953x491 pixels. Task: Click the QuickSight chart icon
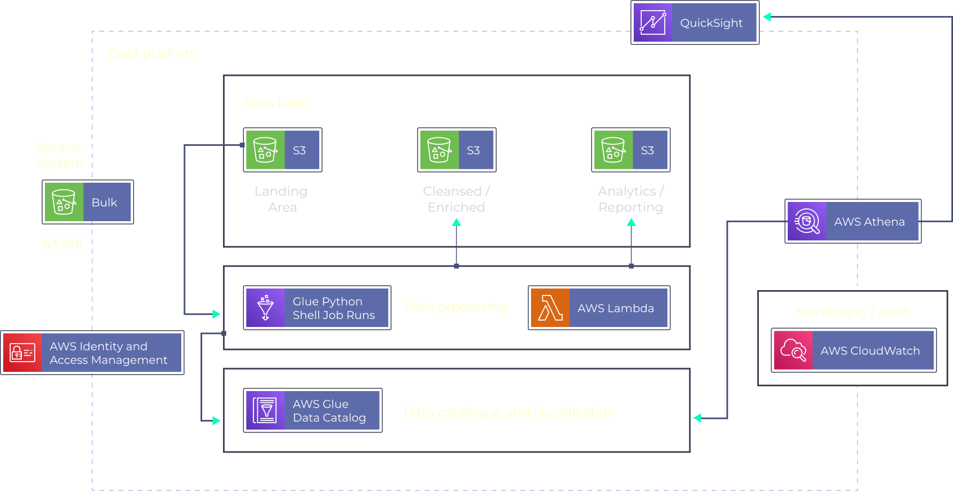[x=652, y=22]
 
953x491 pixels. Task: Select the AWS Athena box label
[x=869, y=222]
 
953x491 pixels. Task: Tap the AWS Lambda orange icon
[x=550, y=308]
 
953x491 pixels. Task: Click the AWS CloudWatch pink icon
[x=793, y=350]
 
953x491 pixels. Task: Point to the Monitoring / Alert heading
[x=852, y=312]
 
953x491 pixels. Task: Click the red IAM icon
[x=22, y=353]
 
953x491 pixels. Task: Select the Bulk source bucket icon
[x=64, y=202]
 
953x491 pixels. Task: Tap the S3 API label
[x=63, y=244]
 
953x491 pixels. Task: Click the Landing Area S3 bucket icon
[x=265, y=150]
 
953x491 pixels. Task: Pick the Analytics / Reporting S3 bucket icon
[x=613, y=150]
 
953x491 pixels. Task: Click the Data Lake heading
[x=275, y=103]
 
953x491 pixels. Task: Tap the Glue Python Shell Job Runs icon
[x=265, y=308]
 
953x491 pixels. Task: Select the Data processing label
[x=455, y=307]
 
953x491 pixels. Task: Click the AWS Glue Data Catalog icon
[x=265, y=410]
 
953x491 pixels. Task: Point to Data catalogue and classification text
[x=509, y=412]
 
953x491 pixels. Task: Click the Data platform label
[x=153, y=53]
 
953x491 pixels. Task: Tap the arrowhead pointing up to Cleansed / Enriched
[x=456, y=222]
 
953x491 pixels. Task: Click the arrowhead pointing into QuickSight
[x=767, y=17]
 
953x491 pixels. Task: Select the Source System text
[x=60, y=155]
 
